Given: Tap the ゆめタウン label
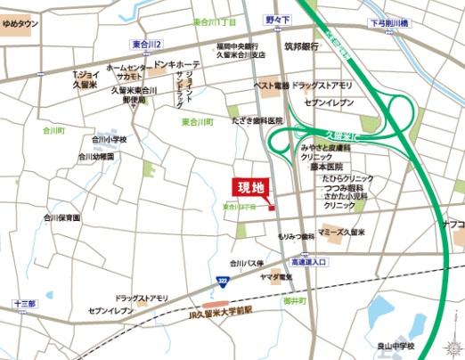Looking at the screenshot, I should click(x=20, y=23).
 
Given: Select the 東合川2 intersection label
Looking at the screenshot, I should click(x=146, y=43).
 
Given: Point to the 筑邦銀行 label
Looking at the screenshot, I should click(x=302, y=45).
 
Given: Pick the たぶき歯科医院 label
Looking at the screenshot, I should click(x=257, y=120).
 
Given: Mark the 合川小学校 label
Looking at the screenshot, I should click(x=110, y=140).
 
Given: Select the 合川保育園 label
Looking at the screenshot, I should click(x=61, y=217).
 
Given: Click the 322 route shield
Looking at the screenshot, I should click(x=221, y=282).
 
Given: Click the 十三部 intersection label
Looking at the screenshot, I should click(x=24, y=304).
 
